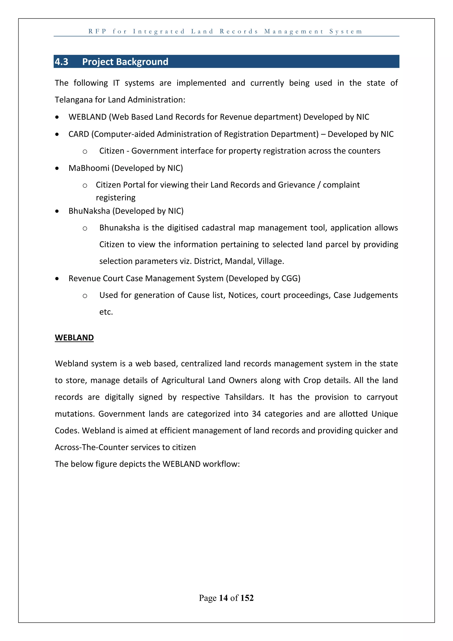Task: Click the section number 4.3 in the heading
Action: (x=61, y=62)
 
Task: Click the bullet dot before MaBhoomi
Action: (x=57, y=168)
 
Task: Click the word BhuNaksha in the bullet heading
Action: (x=89, y=211)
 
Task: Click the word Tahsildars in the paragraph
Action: (x=244, y=397)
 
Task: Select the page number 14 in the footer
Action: (x=223, y=598)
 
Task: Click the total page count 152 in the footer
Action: (x=247, y=598)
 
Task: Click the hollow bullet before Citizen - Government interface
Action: (x=85, y=152)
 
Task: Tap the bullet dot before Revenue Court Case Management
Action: (x=57, y=279)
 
